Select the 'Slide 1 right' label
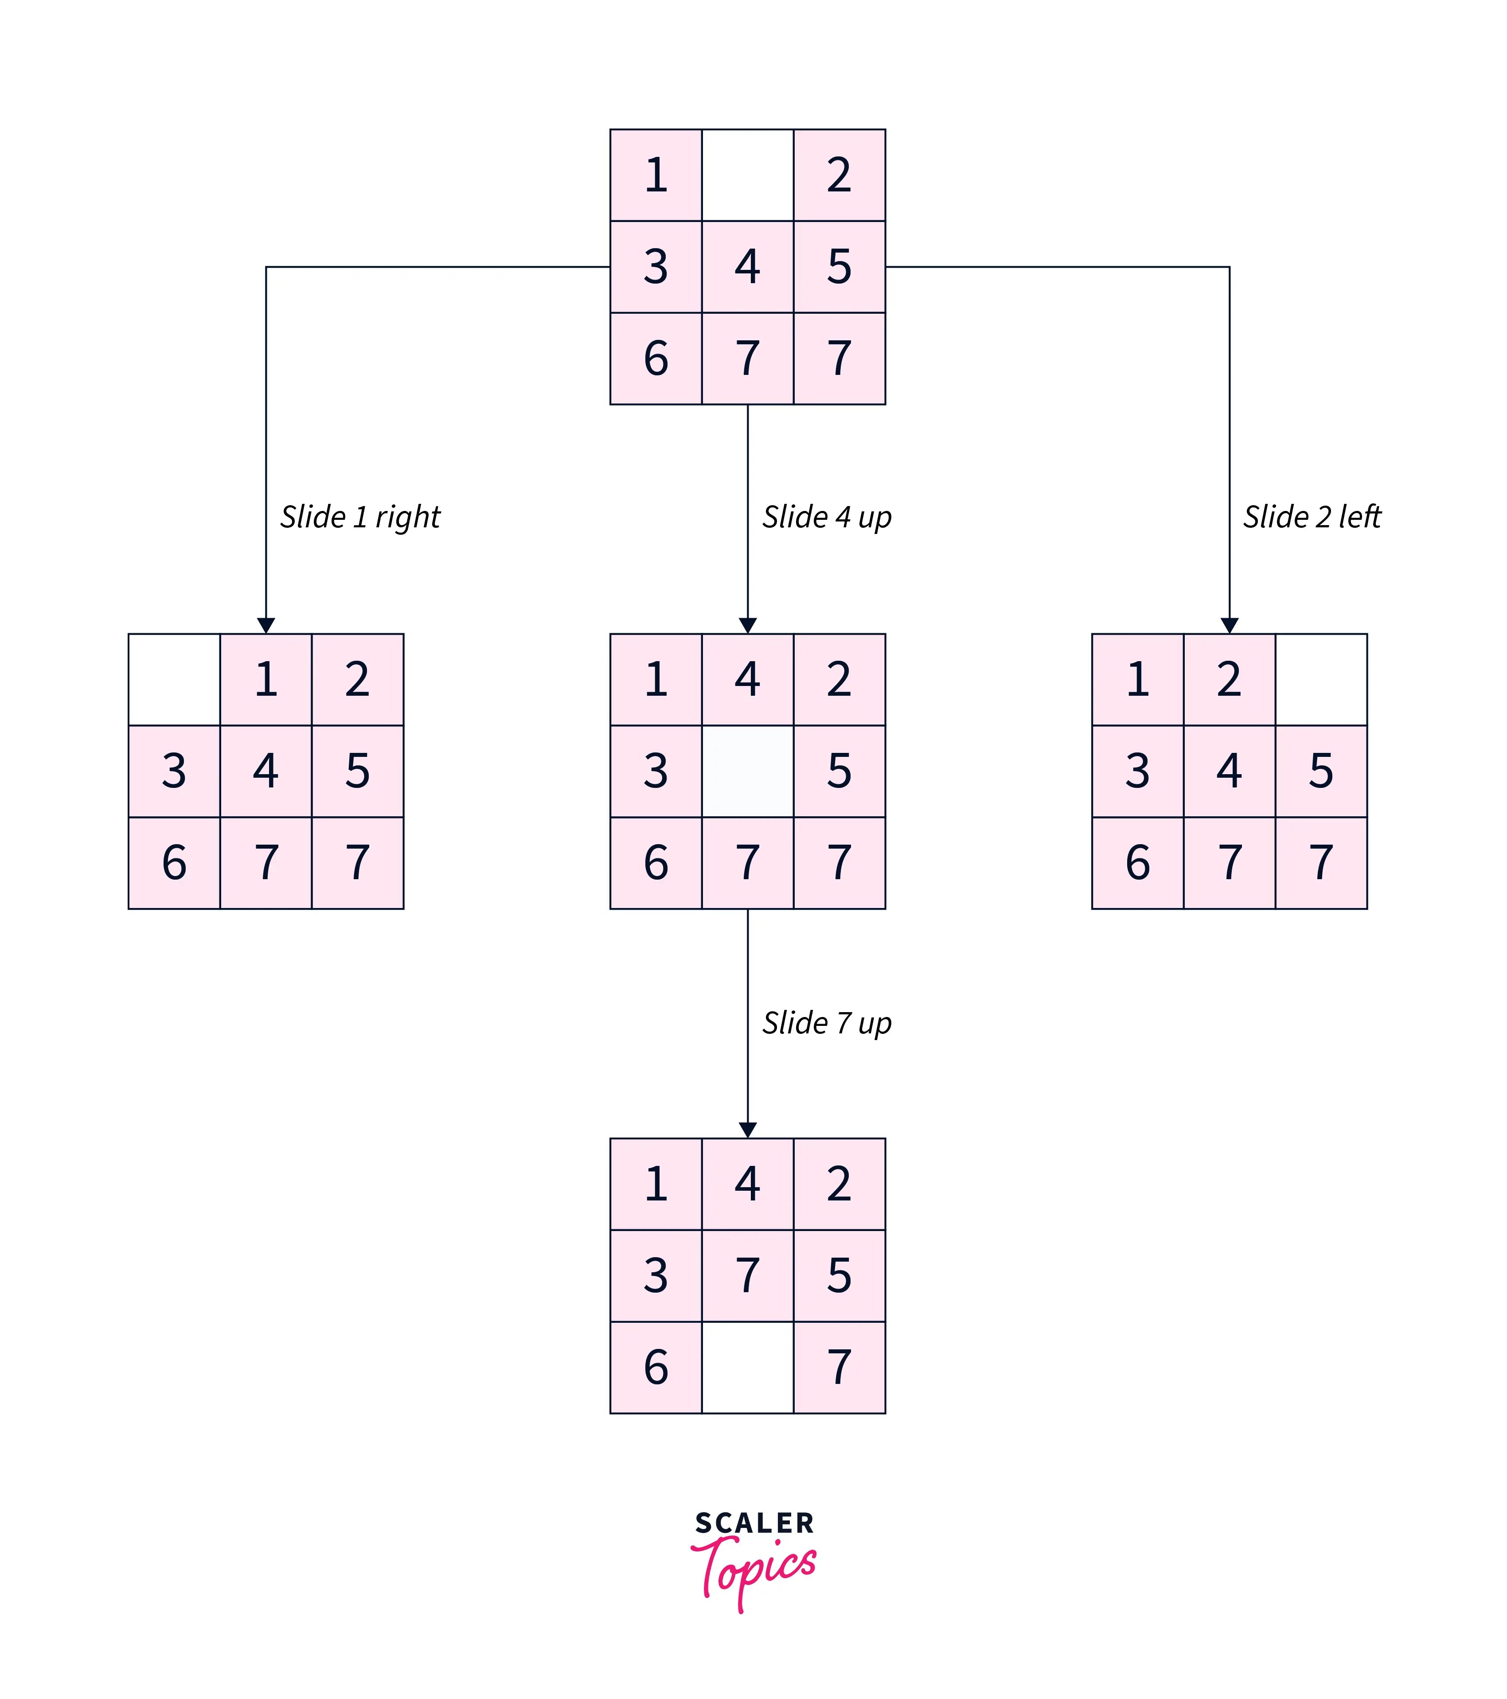pyautogui.click(x=360, y=517)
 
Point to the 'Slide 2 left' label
pyautogui.click(x=1312, y=517)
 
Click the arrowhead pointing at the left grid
pyautogui.click(x=266, y=625)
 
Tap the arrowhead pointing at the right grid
pyautogui.click(x=1230, y=625)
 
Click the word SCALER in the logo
pyautogui.click(x=754, y=1523)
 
